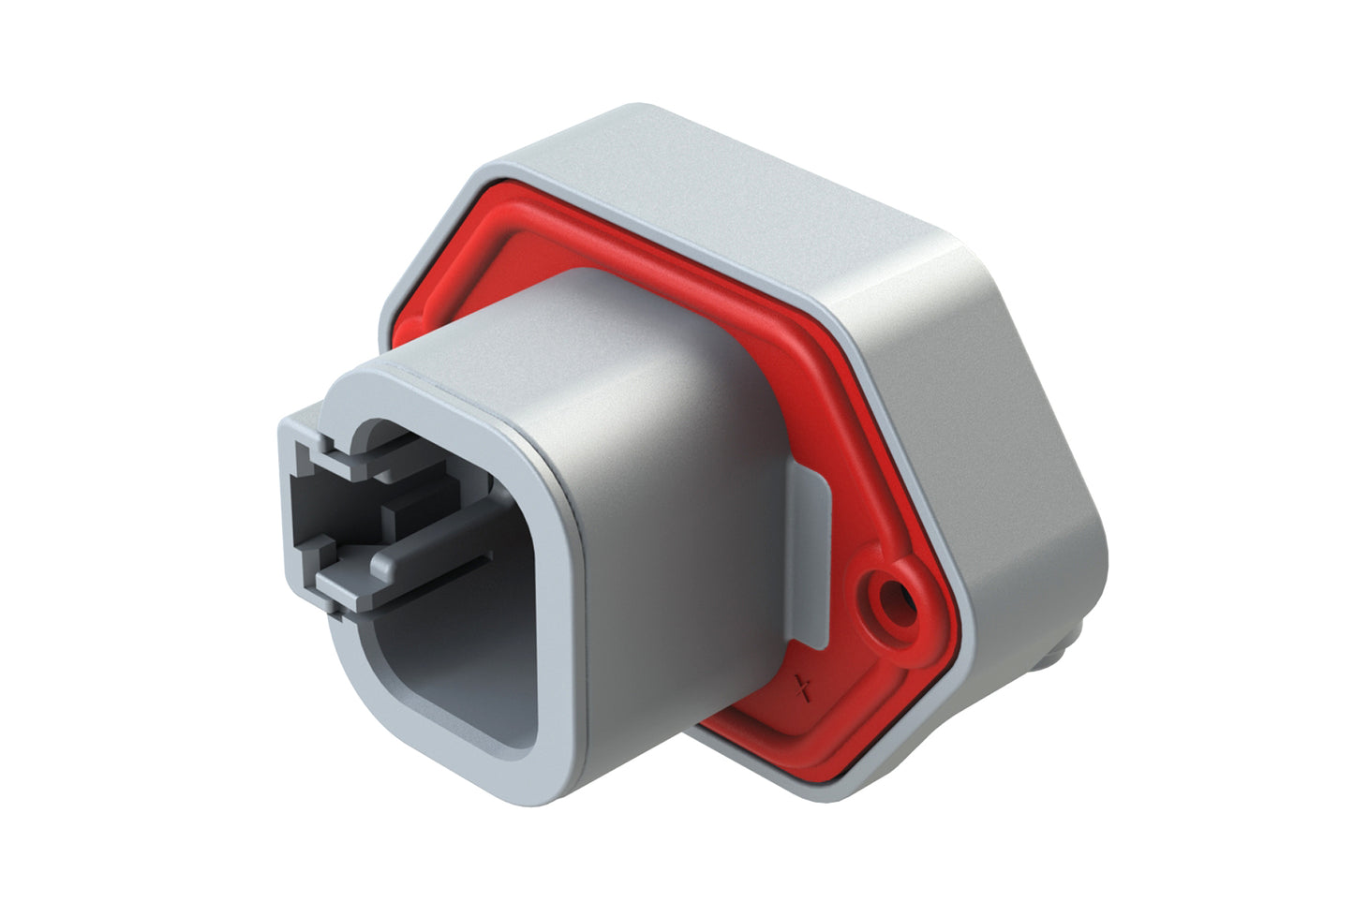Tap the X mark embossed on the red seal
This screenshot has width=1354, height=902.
801,689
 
